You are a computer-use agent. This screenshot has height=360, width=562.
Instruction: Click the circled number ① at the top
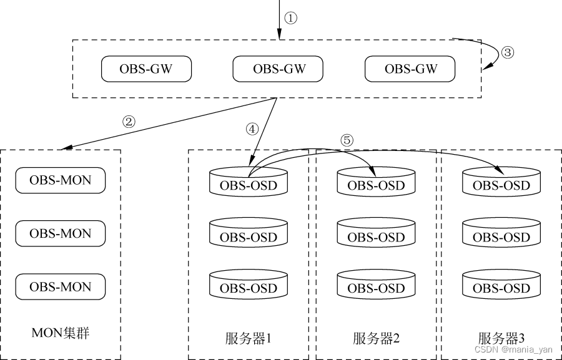pos(290,17)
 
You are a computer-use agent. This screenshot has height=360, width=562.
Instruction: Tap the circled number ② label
pos(129,122)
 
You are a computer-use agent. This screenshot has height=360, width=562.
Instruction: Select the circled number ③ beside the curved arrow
pos(507,53)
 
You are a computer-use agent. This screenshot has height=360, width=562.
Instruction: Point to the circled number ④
pos(252,129)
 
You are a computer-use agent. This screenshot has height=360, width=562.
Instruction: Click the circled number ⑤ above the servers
pos(347,140)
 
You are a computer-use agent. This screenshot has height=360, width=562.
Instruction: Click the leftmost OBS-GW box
pos(146,69)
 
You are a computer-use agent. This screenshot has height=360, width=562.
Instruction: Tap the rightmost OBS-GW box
pos(410,69)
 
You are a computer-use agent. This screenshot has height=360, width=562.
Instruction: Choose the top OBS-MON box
pos(60,180)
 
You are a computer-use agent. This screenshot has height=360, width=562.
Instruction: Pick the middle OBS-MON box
pos(60,233)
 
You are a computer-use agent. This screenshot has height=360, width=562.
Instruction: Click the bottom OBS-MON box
pos(60,287)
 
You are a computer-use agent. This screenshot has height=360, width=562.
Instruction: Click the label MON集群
pos(60,333)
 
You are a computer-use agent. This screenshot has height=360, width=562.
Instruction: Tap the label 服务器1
pos(248,339)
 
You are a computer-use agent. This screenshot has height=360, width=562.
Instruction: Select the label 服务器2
pos(376,339)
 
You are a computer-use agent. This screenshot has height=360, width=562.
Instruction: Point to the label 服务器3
pos(501,339)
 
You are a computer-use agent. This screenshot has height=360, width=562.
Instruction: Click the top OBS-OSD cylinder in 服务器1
pos(248,182)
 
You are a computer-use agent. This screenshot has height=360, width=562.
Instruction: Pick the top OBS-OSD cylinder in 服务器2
pos(376,182)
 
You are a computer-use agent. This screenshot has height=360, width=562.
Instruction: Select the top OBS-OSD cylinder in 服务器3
pos(501,182)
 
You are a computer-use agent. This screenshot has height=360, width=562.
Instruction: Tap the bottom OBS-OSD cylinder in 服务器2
pos(376,286)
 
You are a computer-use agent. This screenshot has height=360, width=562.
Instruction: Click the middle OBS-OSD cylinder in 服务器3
pos(501,234)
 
